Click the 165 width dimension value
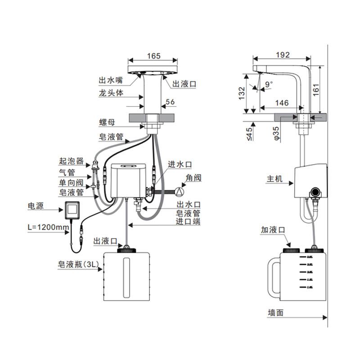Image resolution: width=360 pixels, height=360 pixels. (x=153, y=56)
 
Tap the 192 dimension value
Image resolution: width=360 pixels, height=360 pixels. (x=282, y=55)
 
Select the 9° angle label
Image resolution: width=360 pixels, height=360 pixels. (x=269, y=84)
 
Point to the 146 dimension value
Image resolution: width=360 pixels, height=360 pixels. (x=281, y=103)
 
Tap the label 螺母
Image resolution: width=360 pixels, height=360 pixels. (x=107, y=122)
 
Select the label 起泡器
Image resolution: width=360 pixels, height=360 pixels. (x=72, y=161)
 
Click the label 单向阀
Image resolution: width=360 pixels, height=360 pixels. (x=71, y=183)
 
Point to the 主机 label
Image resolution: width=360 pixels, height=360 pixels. (x=274, y=179)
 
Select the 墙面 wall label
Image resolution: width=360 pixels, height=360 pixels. (x=275, y=313)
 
